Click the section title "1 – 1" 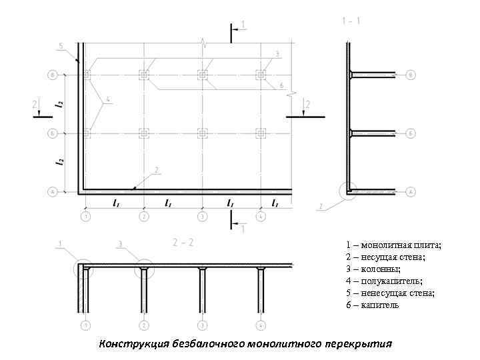click(351, 21)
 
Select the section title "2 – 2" click(182, 242)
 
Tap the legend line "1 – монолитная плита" click(393, 245)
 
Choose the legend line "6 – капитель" click(373, 305)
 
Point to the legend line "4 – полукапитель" click(385, 281)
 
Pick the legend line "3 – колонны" click(373, 269)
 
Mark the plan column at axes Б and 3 click(202, 133)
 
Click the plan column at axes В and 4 click(261, 74)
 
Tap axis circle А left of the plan click(52, 192)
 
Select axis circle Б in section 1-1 click(411, 133)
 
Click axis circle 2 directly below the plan click(143, 216)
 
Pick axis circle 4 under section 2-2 click(261, 325)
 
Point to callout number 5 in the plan click(60, 46)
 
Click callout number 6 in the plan click(281, 86)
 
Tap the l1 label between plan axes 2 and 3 click(169, 203)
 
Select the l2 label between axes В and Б click(60, 104)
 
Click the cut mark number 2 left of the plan click(35, 104)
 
